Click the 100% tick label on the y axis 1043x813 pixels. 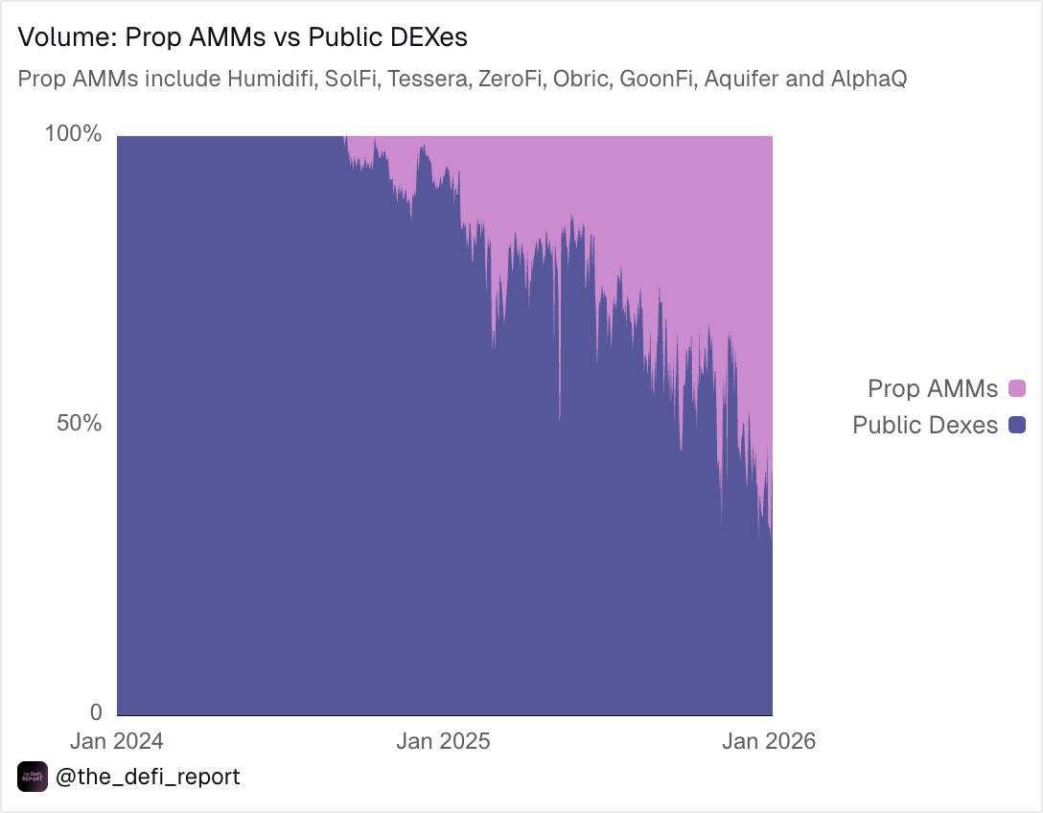click(74, 134)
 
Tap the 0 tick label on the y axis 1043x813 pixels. click(96, 712)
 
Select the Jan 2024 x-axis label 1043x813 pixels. click(117, 741)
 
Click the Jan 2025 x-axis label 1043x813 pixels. click(444, 741)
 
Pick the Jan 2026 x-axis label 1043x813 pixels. click(769, 741)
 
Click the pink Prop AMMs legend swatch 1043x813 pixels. click(1017, 388)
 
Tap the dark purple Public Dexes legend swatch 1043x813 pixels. click(1017, 425)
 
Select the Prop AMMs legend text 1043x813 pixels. click(933, 388)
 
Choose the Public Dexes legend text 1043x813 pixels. click(925, 425)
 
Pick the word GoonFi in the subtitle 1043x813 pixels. click(658, 79)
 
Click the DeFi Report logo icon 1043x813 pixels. click(33, 777)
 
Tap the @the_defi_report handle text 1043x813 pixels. click(148, 777)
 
